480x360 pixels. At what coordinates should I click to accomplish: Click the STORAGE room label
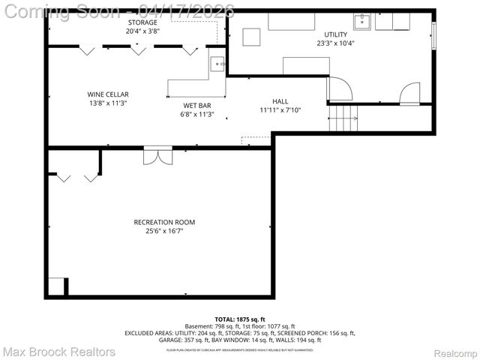pos(142,22)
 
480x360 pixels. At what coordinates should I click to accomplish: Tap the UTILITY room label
pos(335,34)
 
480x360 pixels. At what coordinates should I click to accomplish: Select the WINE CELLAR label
pos(107,94)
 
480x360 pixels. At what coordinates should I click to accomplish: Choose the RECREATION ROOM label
pos(164,222)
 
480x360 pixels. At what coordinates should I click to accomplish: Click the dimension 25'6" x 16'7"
pos(164,231)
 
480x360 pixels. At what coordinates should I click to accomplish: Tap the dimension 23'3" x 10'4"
pos(335,43)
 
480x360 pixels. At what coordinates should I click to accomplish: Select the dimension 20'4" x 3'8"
pos(142,31)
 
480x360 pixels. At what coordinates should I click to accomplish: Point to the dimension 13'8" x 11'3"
pos(107,103)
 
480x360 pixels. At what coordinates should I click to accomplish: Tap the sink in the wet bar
pos(217,64)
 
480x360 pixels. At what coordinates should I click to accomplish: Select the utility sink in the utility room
pos(362,21)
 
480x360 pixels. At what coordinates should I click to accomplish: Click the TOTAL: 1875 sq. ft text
pos(239,319)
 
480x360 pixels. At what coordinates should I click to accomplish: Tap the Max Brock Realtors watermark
pos(58,351)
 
